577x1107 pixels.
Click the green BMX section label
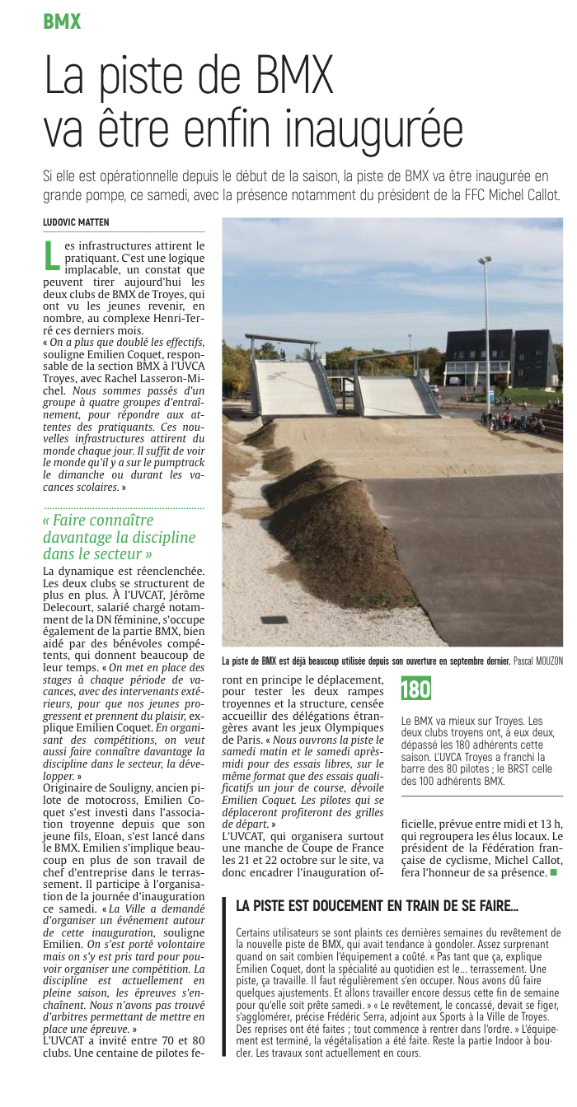[62, 22]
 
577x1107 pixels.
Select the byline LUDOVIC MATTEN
[76, 222]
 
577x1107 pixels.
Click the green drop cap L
[51, 255]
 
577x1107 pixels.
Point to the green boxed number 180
[415, 689]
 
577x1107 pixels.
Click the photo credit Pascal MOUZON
[536, 661]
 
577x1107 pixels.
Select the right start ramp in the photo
[395, 394]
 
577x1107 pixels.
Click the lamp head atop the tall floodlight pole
[484, 260]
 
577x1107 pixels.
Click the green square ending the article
[554, 871]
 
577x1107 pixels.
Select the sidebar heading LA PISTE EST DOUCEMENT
[377, 905]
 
